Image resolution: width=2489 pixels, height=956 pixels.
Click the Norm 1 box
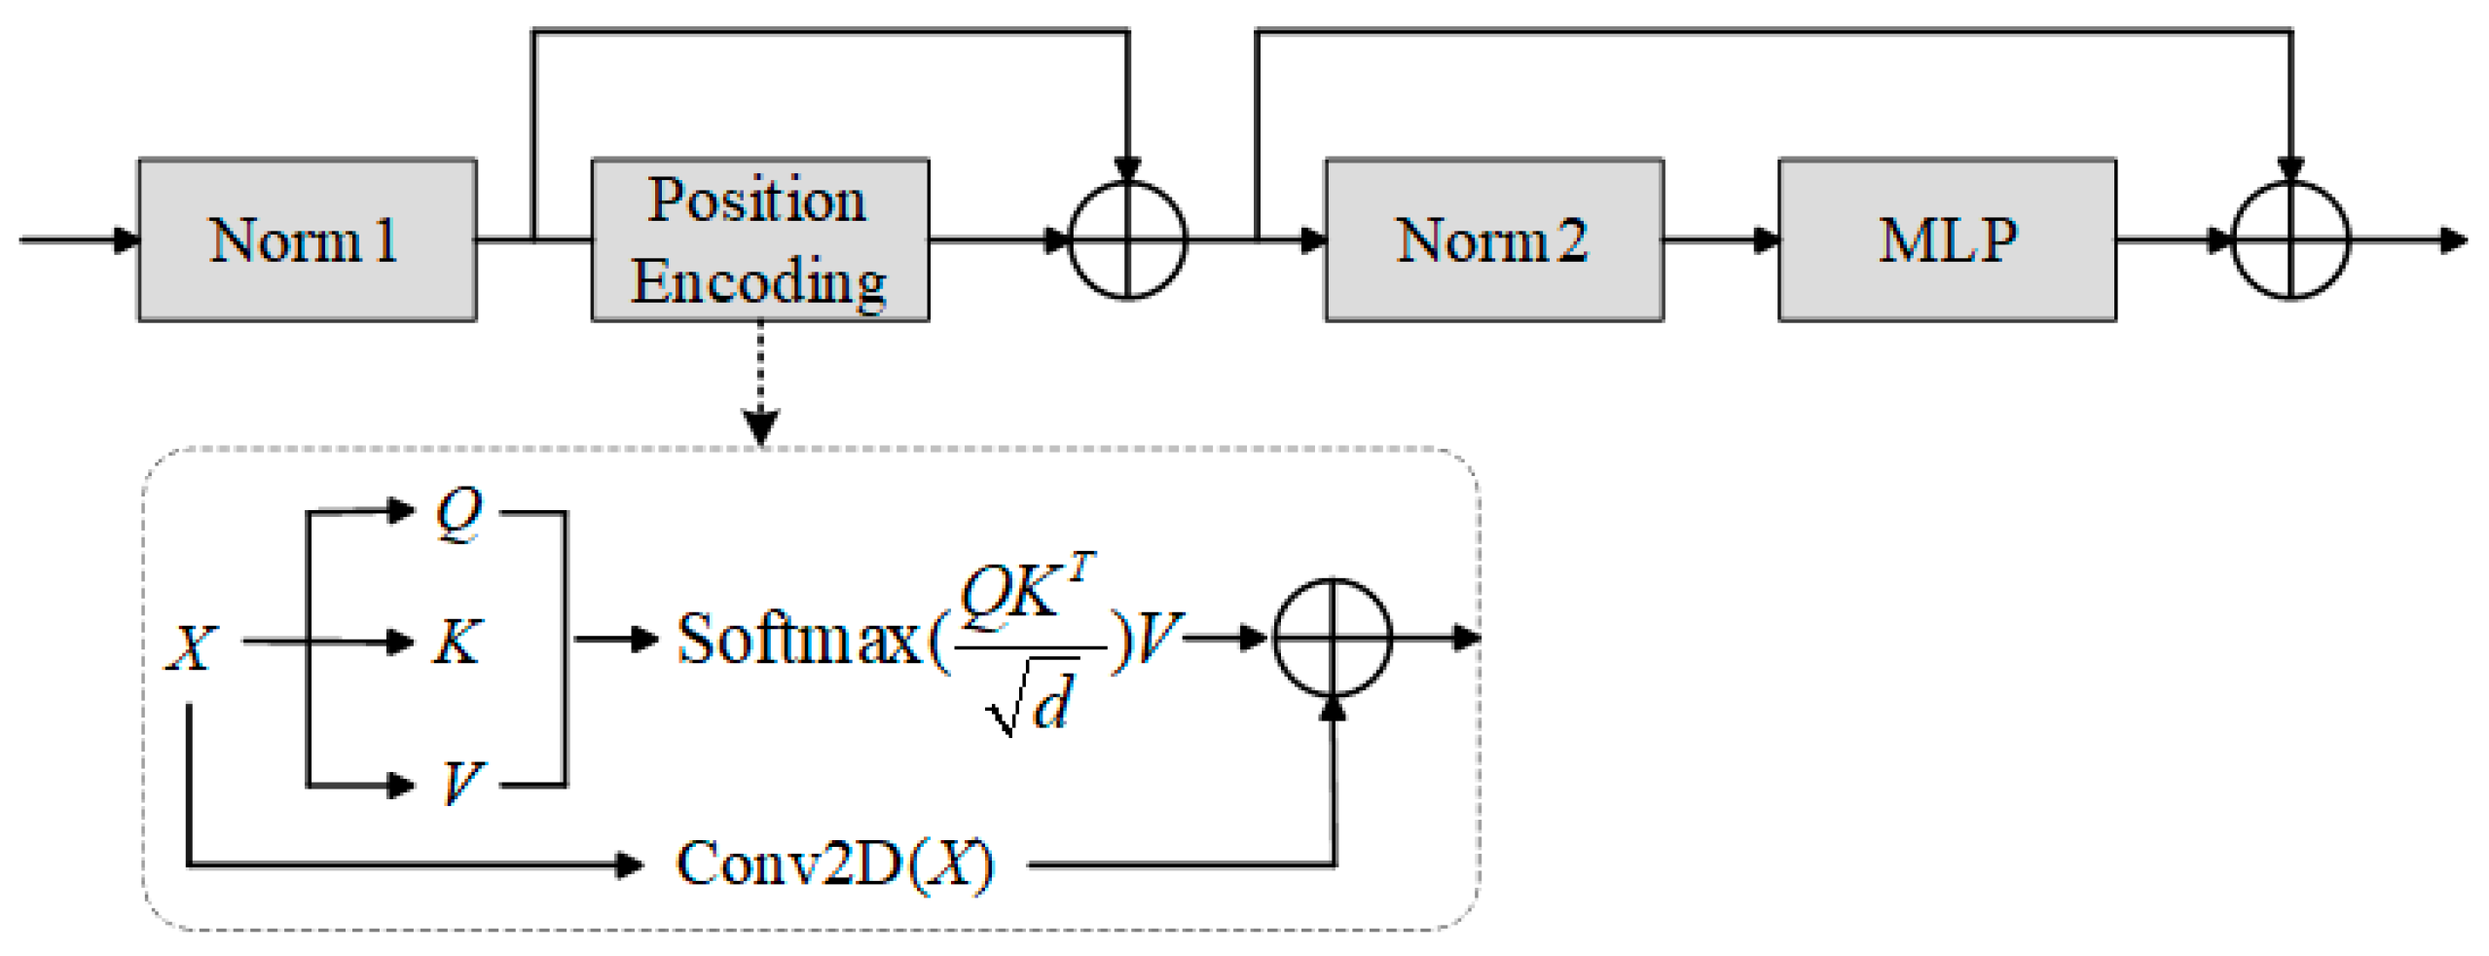point(307,239)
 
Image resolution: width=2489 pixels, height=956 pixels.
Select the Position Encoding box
point(759,239)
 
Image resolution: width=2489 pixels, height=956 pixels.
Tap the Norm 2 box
point(1492,239)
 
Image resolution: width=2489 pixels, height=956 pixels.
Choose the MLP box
point(1946,239)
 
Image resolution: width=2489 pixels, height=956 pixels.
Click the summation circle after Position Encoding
point(1127,239)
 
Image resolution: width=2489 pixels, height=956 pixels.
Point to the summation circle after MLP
point(2289,239)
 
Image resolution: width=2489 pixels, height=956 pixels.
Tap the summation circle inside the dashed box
point(1332,639)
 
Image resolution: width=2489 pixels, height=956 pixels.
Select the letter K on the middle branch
point(457,642)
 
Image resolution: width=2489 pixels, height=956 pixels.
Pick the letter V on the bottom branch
point(460,782)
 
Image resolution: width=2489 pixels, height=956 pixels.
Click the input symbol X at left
point(191,646)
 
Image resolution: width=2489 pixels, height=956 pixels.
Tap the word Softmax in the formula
point(798,640)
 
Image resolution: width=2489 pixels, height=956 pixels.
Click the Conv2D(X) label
point(834,864)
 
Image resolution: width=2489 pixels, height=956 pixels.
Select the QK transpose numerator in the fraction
point(1026,590)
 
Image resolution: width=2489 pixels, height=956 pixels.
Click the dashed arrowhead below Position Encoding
point(760,425)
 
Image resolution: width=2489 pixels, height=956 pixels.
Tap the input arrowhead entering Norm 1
point(127,239)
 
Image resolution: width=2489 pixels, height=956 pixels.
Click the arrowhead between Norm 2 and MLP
point(1766,239)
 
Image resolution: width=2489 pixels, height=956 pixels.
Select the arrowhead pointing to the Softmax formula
point(643,640)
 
